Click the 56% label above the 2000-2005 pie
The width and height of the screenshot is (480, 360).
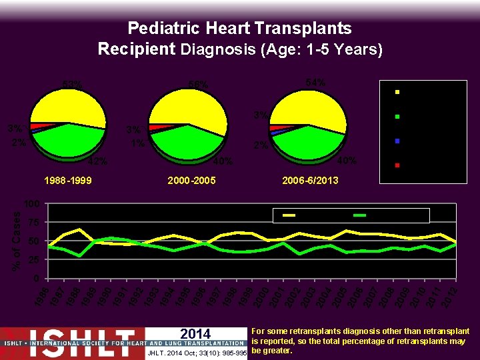[198, 85]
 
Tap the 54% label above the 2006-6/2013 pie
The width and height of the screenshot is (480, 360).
[315, 82]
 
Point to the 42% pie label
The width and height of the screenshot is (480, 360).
[98, 161]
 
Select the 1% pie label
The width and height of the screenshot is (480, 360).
[138, 143]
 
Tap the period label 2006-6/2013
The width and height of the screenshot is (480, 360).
[310, 181]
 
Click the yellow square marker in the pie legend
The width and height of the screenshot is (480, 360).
[397, 92]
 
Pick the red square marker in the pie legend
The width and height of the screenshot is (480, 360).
[397, 165]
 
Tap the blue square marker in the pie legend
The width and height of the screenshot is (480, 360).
[397, 141]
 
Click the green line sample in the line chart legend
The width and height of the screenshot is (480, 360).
[360, 215]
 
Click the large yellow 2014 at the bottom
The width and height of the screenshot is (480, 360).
[195, 334]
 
